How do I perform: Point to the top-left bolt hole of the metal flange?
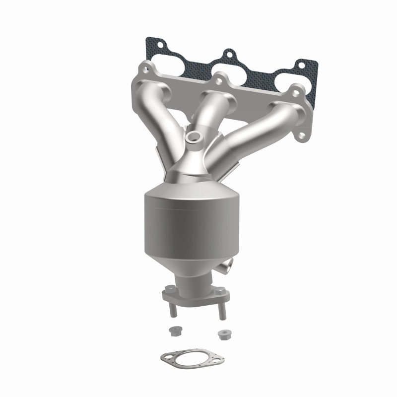(144, 66)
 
